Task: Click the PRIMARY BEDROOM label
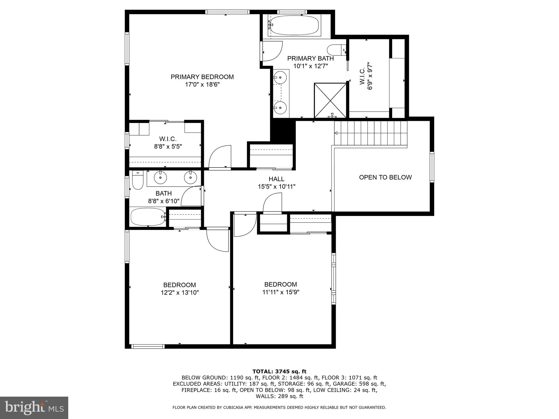click(202, 77)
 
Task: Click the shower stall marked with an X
click(330, 100)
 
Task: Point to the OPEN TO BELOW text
click(385, 177)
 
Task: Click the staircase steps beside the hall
click(371, 133)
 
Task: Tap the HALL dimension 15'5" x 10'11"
click(276, 187)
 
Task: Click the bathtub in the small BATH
click(148, 217)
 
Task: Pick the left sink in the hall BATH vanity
click(160, 178)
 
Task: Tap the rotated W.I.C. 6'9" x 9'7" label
click(366, 76)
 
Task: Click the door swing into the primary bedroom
click(220, 158)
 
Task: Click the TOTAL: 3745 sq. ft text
click(279, 372)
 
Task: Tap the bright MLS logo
click(34, 408)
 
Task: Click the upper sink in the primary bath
click(280, 77)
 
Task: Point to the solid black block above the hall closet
click(283, 130)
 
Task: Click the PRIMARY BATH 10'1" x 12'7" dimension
click(310, 66)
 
